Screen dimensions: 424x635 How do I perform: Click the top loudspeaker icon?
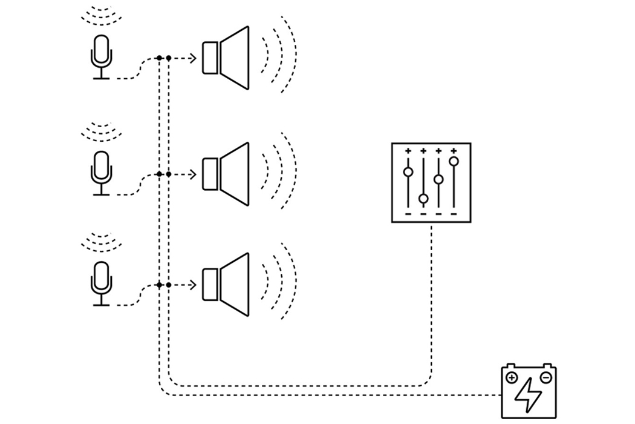pos(227,58)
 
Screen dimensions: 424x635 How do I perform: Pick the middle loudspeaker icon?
pos(227,174)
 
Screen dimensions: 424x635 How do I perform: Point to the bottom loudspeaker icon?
pos(227,285)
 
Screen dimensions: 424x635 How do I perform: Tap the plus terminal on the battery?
pos(512,378)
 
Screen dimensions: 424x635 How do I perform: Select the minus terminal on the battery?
pos(545,378)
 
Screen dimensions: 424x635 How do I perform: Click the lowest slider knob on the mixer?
pos(423,199)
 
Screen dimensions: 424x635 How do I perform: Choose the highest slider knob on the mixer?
pos(454,161)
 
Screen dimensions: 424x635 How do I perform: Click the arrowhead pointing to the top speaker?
pos(193,58)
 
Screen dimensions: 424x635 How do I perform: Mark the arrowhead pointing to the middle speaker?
pos(193,174)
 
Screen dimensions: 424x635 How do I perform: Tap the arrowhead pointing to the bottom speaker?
pos(193,285)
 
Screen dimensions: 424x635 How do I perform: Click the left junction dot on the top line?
pos(159,58)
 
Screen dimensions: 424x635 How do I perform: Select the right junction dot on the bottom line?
pos(169,285)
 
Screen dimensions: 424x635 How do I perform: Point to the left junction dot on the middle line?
pos(159,174)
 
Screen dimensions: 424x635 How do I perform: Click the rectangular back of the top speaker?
pos(210,58)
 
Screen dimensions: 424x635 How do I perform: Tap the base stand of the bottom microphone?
pos(101,305)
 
